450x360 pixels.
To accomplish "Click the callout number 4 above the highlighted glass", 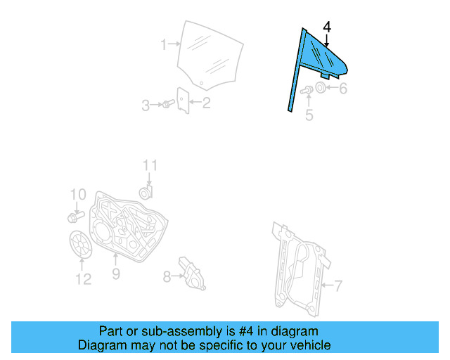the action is (327, 27).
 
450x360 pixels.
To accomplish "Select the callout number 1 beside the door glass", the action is (164, 45).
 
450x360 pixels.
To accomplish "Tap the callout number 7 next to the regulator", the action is (338, 285).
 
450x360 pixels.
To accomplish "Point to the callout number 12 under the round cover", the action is (83, 278).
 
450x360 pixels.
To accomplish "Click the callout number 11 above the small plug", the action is (150, 166).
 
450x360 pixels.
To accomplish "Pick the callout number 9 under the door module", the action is (116, 274).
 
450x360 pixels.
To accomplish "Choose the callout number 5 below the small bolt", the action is (309, 115).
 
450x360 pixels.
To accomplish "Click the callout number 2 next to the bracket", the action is (206, 103).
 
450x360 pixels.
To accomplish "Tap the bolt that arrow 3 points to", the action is (169, 103).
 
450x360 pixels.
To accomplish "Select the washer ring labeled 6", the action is (320, 87).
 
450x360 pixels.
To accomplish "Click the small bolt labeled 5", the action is (307, 90).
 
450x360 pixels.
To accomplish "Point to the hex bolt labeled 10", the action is (76, 217).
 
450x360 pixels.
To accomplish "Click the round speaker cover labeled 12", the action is (81, 245).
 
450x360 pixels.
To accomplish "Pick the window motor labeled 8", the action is (192, 274).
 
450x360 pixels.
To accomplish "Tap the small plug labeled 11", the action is (146, 193).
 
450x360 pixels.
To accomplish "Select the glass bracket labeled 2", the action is (183, 101).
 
